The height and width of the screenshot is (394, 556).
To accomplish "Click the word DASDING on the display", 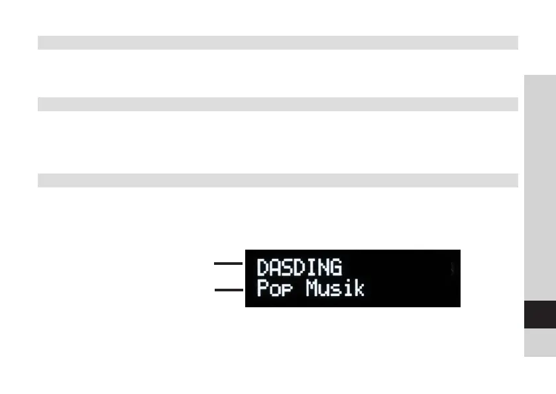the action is (300, 268).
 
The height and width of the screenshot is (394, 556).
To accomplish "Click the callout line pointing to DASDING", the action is (229, 264).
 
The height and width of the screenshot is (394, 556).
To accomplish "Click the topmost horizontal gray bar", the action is (277, 43).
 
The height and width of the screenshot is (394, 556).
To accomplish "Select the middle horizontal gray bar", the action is (277, 104).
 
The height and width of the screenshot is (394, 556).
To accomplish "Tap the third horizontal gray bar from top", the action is (277, 180).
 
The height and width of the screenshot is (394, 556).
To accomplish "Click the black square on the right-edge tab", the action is (539, 315).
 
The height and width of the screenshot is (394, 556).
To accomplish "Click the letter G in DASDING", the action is (336, 268).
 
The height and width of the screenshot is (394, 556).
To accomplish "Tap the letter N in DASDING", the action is (324, 268).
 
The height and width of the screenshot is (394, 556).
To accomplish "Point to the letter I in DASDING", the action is (312, 268).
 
